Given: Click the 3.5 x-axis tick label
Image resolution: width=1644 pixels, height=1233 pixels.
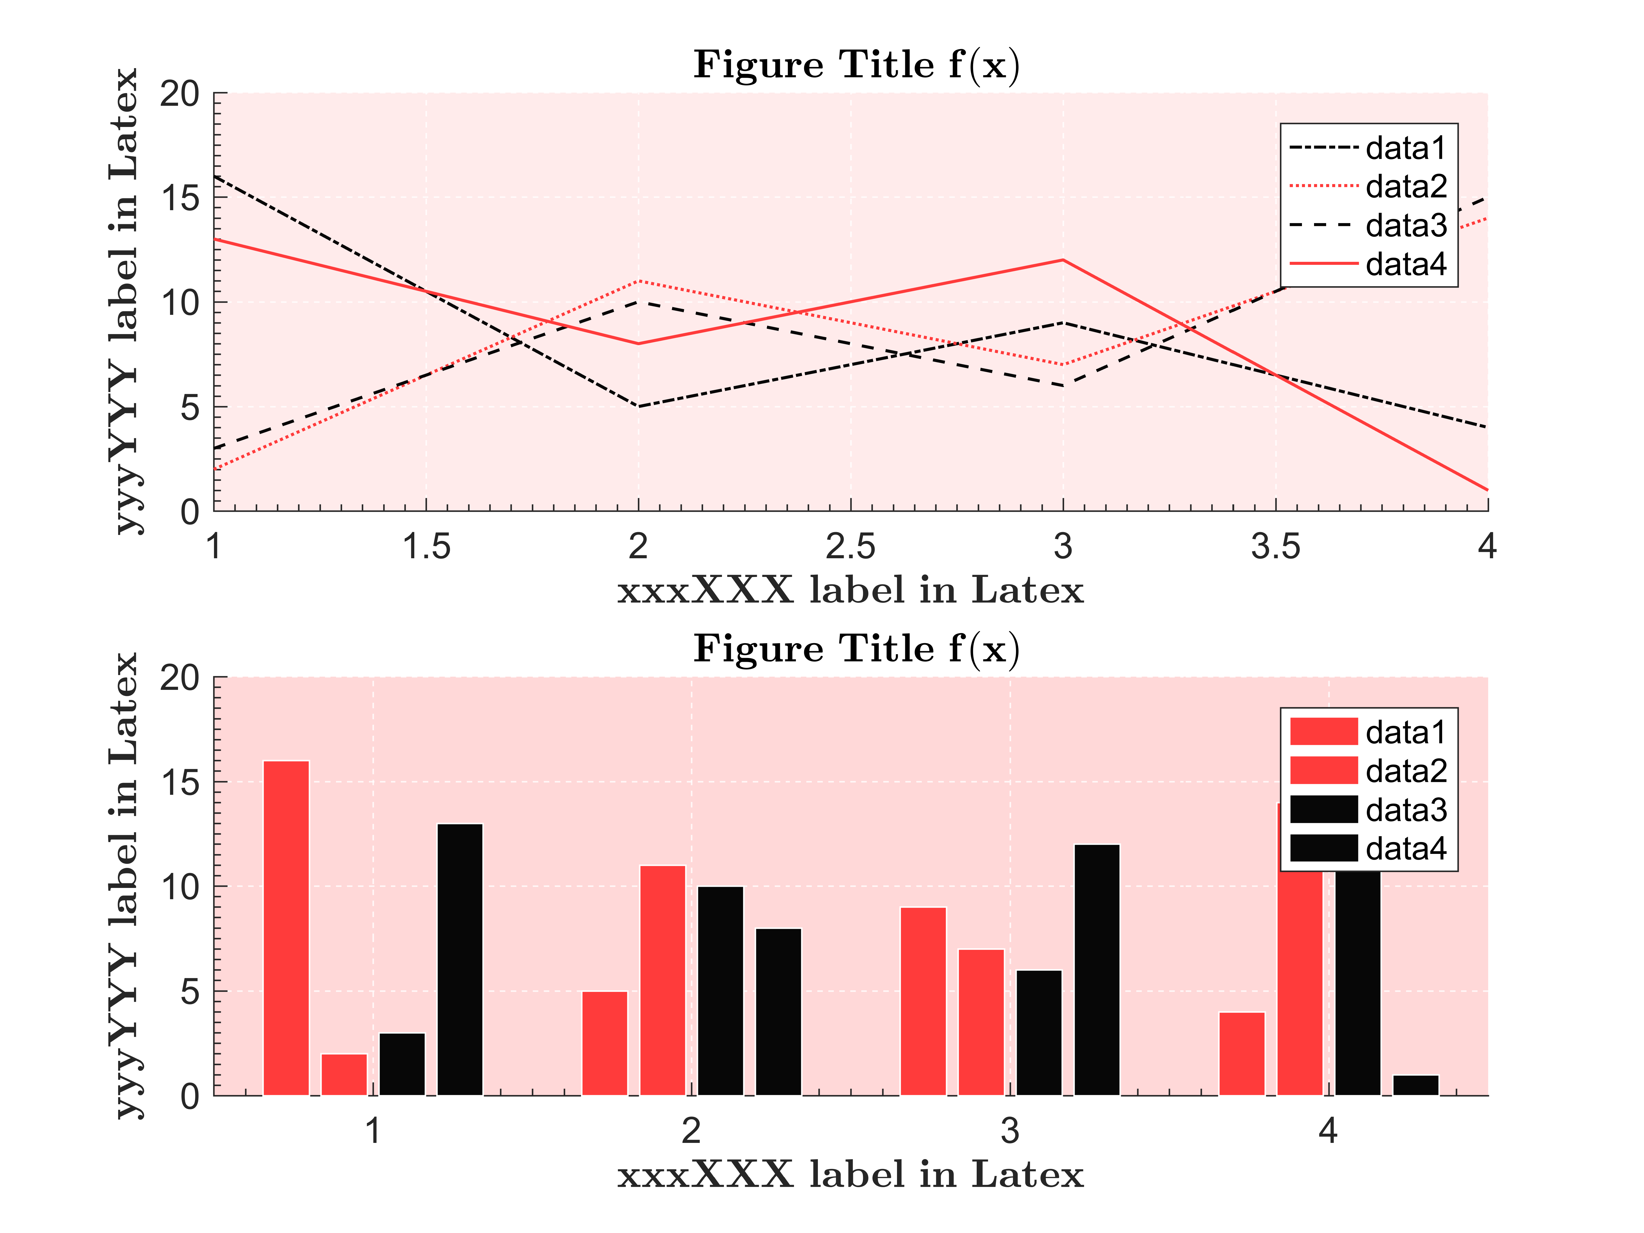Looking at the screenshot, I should pos(1275,547).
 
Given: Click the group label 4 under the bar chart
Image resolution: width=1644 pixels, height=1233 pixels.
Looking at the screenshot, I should pos(1328,1131).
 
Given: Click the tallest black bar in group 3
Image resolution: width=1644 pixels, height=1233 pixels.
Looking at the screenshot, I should pos(1097,970).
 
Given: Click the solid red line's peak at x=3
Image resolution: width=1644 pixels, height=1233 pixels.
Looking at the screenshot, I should pos(1063,260).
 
